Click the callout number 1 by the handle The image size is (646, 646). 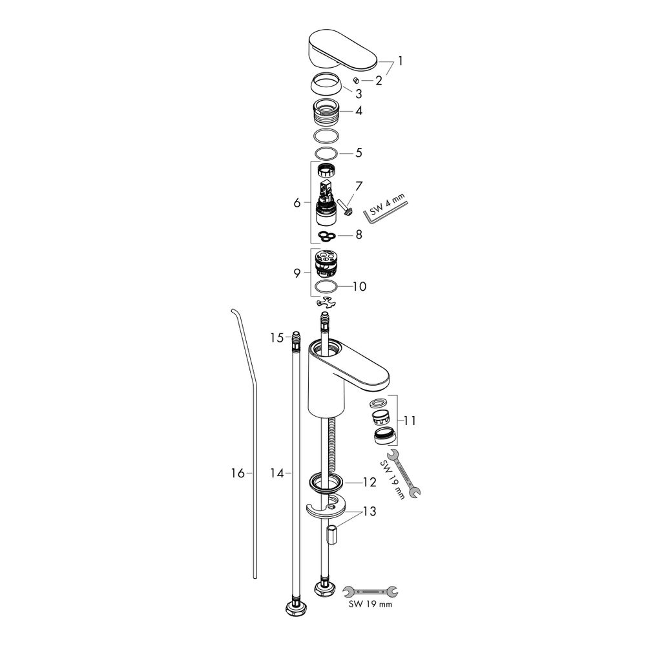(401, 62)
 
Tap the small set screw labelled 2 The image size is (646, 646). (356, 80)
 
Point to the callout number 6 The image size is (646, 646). (297, 203)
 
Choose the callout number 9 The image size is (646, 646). (297, 273)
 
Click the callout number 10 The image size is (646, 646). (359, 286)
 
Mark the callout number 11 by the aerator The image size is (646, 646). (410, 421)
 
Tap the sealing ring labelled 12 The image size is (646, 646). (327, 481)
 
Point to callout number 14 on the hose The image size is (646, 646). (277, 474)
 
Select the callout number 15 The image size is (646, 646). (276, 337)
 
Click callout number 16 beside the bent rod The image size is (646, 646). (237, 474)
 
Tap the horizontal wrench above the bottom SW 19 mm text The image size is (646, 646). (370, 590)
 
